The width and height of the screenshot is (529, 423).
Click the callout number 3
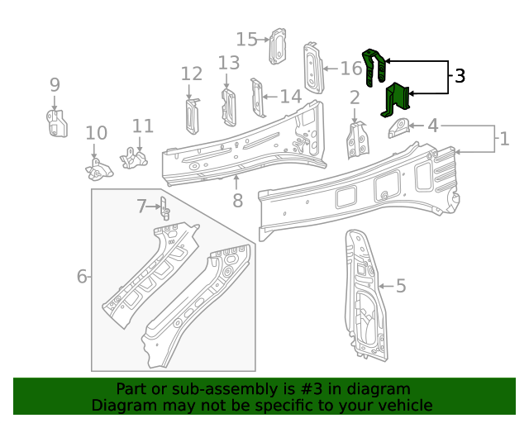click(x=460, y=76)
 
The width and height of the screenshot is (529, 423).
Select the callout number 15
click(x=247, y=39)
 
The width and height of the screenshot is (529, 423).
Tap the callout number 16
click(x=350, y=68)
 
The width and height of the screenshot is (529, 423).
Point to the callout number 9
click(x=55, y=84)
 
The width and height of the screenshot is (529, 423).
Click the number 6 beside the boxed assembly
click(x=82, y=276)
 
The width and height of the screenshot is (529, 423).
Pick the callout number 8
click(x=237, y=200)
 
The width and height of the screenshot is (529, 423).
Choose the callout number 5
click(x=401, y=286)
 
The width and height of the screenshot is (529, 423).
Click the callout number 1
click(x=504, y=138)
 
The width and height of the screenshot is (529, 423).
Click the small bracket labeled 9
click(x=55, y=123)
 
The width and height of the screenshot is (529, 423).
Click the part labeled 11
click(x=133, y=156)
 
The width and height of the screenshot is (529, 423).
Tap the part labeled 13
click(x=228, y=105)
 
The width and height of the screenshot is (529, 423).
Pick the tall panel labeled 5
click(x=365, y=297)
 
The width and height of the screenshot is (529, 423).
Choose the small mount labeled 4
click(x=400, y=128)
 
